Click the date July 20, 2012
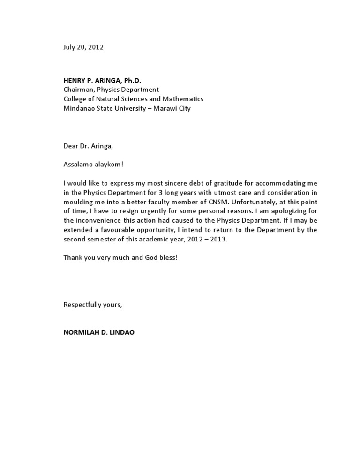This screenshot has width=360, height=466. point(83,47)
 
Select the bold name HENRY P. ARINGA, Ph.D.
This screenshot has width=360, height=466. point(102,81)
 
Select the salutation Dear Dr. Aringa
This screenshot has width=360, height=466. point(88,146)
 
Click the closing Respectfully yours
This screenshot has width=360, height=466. point(93,305)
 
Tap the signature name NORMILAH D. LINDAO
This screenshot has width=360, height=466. point(99,332)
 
